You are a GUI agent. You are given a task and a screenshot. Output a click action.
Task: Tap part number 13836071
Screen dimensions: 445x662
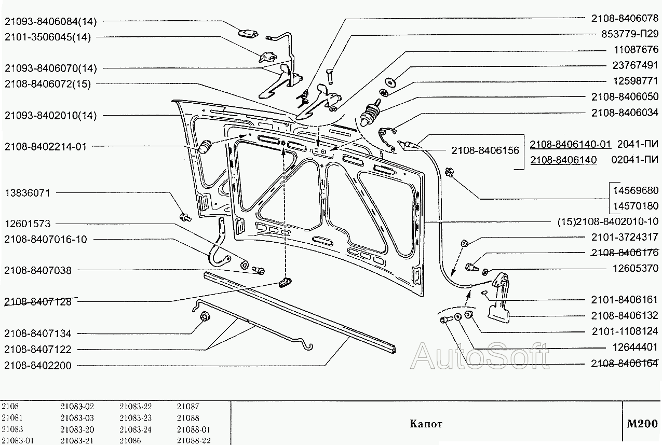pos(28,192)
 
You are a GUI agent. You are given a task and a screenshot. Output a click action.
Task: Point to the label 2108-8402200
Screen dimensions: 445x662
pos(38,366)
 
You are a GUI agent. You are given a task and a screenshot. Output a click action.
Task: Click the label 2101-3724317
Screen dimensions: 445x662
pos(625,237)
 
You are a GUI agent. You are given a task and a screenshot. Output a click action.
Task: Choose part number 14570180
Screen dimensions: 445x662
pos(636,206)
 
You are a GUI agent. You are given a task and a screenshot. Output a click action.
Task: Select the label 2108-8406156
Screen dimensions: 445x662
pos(485,150)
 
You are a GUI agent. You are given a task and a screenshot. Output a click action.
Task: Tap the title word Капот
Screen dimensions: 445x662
pos(426,424)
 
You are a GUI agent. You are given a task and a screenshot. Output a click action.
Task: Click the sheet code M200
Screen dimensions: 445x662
pos(642,423)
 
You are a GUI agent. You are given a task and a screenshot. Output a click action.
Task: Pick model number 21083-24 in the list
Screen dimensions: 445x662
pos(135,429)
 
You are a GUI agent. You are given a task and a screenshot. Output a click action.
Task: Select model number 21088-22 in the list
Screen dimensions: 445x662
pos(193,441)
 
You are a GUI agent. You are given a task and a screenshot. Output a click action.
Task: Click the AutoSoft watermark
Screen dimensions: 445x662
pos(480,356)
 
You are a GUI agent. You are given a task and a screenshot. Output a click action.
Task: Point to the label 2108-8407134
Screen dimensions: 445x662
pos(38,333)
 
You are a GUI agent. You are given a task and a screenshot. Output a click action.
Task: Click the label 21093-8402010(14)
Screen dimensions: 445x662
pos(51,115)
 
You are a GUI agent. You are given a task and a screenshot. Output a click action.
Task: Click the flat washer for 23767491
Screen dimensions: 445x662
pos(389,81)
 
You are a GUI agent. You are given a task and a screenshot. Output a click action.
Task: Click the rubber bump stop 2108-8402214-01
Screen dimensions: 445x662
pos(206,147)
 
